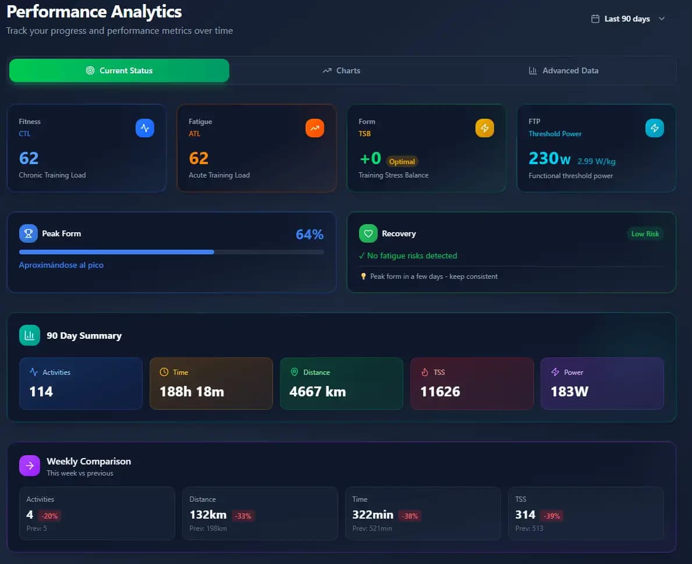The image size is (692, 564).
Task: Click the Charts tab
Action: coord(342,70)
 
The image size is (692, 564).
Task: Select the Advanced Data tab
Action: coord(563,70)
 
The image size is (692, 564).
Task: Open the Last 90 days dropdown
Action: coord(628,19)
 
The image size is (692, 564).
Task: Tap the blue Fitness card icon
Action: coord(145,128)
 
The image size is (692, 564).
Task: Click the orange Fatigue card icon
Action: coord(315,128)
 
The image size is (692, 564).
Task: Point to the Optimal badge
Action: coord(402,161)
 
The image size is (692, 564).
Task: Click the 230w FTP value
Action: coord(549,158)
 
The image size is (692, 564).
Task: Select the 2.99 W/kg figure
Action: coord(597,161)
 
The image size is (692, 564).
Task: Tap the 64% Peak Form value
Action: coord(310,235)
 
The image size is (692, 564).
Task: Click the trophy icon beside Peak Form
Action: coord(29,233)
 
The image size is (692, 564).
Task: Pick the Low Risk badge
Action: coord(645,233)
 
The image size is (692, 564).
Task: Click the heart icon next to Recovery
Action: coord(368,233)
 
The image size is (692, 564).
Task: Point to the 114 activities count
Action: coord(41,392)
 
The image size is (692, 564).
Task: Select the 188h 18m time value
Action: coord(191,392)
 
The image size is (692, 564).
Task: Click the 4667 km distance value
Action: coord(317,392)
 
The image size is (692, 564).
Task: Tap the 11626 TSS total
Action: coord(440,392)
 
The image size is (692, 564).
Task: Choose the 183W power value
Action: coord(569,392)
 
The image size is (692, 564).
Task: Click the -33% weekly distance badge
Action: coord(243,516)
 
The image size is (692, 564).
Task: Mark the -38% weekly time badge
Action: coord(410,516)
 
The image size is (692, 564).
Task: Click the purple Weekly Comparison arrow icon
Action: coord(30,466)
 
